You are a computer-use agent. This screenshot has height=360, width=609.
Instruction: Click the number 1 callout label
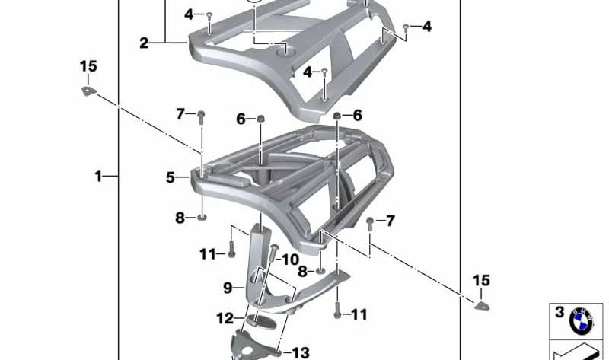click(x=98, y=177)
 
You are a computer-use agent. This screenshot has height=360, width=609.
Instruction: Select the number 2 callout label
click(x=144, y=43)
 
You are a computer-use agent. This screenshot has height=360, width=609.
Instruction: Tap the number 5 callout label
click(x=171, y=177)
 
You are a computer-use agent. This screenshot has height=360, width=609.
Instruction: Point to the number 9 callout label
click(x=228, y=288)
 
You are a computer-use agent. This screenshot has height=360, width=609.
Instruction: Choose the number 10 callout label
click(x=290, y=260)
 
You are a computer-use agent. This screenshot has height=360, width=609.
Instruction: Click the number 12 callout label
click(x=225, y=318)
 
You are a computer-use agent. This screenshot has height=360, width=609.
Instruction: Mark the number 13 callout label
click(x=301, y=352)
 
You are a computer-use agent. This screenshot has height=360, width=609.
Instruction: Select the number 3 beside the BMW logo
click(x=560, y=312)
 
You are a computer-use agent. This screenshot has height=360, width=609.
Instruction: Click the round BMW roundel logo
click(x=582, y=321)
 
